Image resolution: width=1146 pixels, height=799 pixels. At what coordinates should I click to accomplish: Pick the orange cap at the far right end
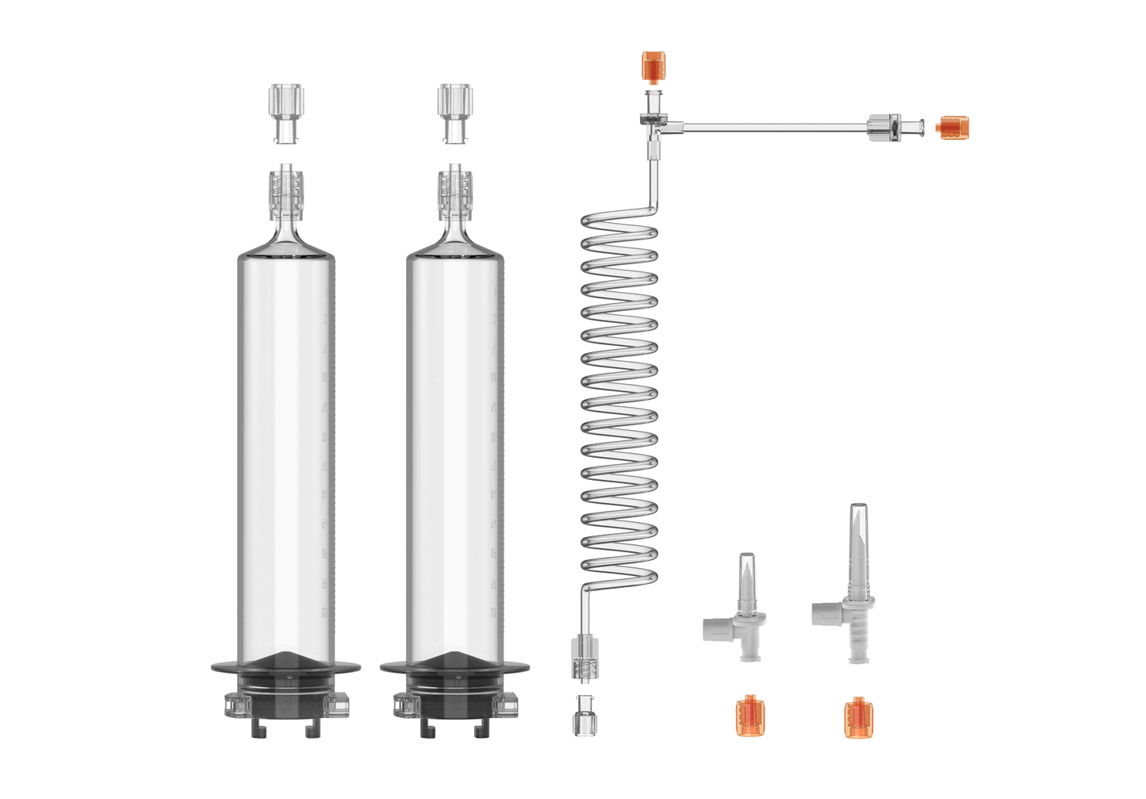tap(952, 125)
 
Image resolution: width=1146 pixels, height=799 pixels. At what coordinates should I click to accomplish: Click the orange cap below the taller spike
tap(857, 714)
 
